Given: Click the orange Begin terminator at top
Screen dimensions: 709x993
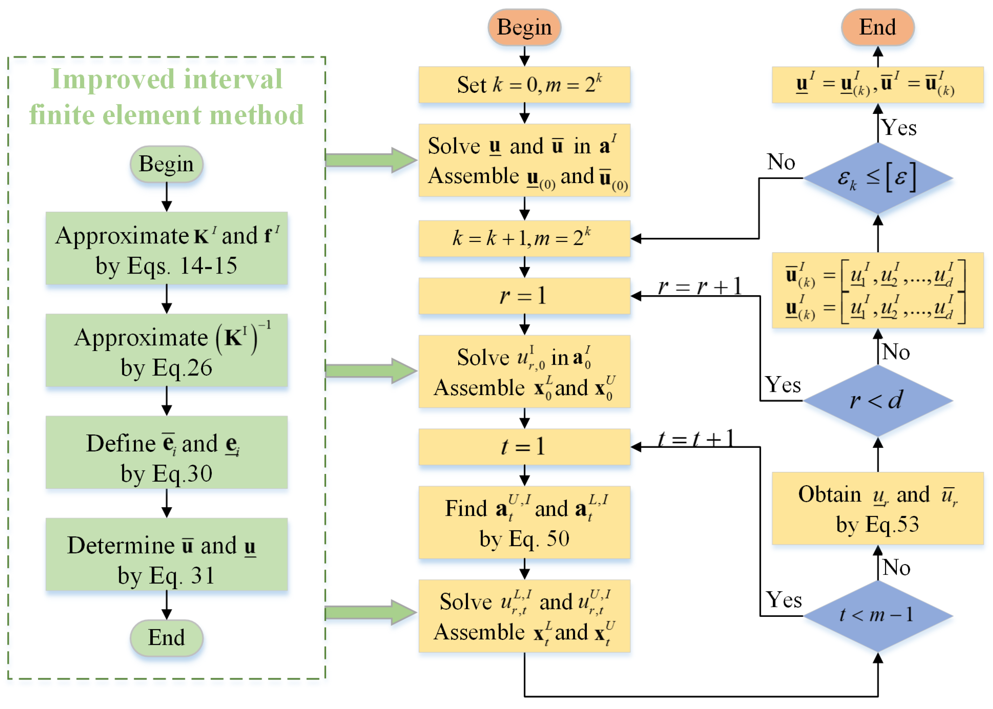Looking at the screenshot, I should (x=524, y=27).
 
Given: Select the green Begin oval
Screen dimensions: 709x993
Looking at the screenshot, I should (x=166, y=164).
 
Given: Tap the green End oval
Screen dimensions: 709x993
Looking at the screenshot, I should (x=166, y=637).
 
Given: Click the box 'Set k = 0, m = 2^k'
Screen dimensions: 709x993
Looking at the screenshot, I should (x=524, y=85).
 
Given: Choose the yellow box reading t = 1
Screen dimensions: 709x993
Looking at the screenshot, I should (x=524, y=447).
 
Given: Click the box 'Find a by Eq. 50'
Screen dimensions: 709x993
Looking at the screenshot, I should (x=524, y=522).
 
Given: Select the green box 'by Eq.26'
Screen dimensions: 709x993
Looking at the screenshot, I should (x=166, y=350).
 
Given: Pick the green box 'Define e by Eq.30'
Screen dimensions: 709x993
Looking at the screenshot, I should (x=166, y=452).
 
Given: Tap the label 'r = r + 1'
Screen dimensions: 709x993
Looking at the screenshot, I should (x=699, y=286).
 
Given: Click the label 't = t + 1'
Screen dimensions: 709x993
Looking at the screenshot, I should (x=696, y=438).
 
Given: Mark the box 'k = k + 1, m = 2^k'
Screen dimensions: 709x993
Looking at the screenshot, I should (x=524, y=238).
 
